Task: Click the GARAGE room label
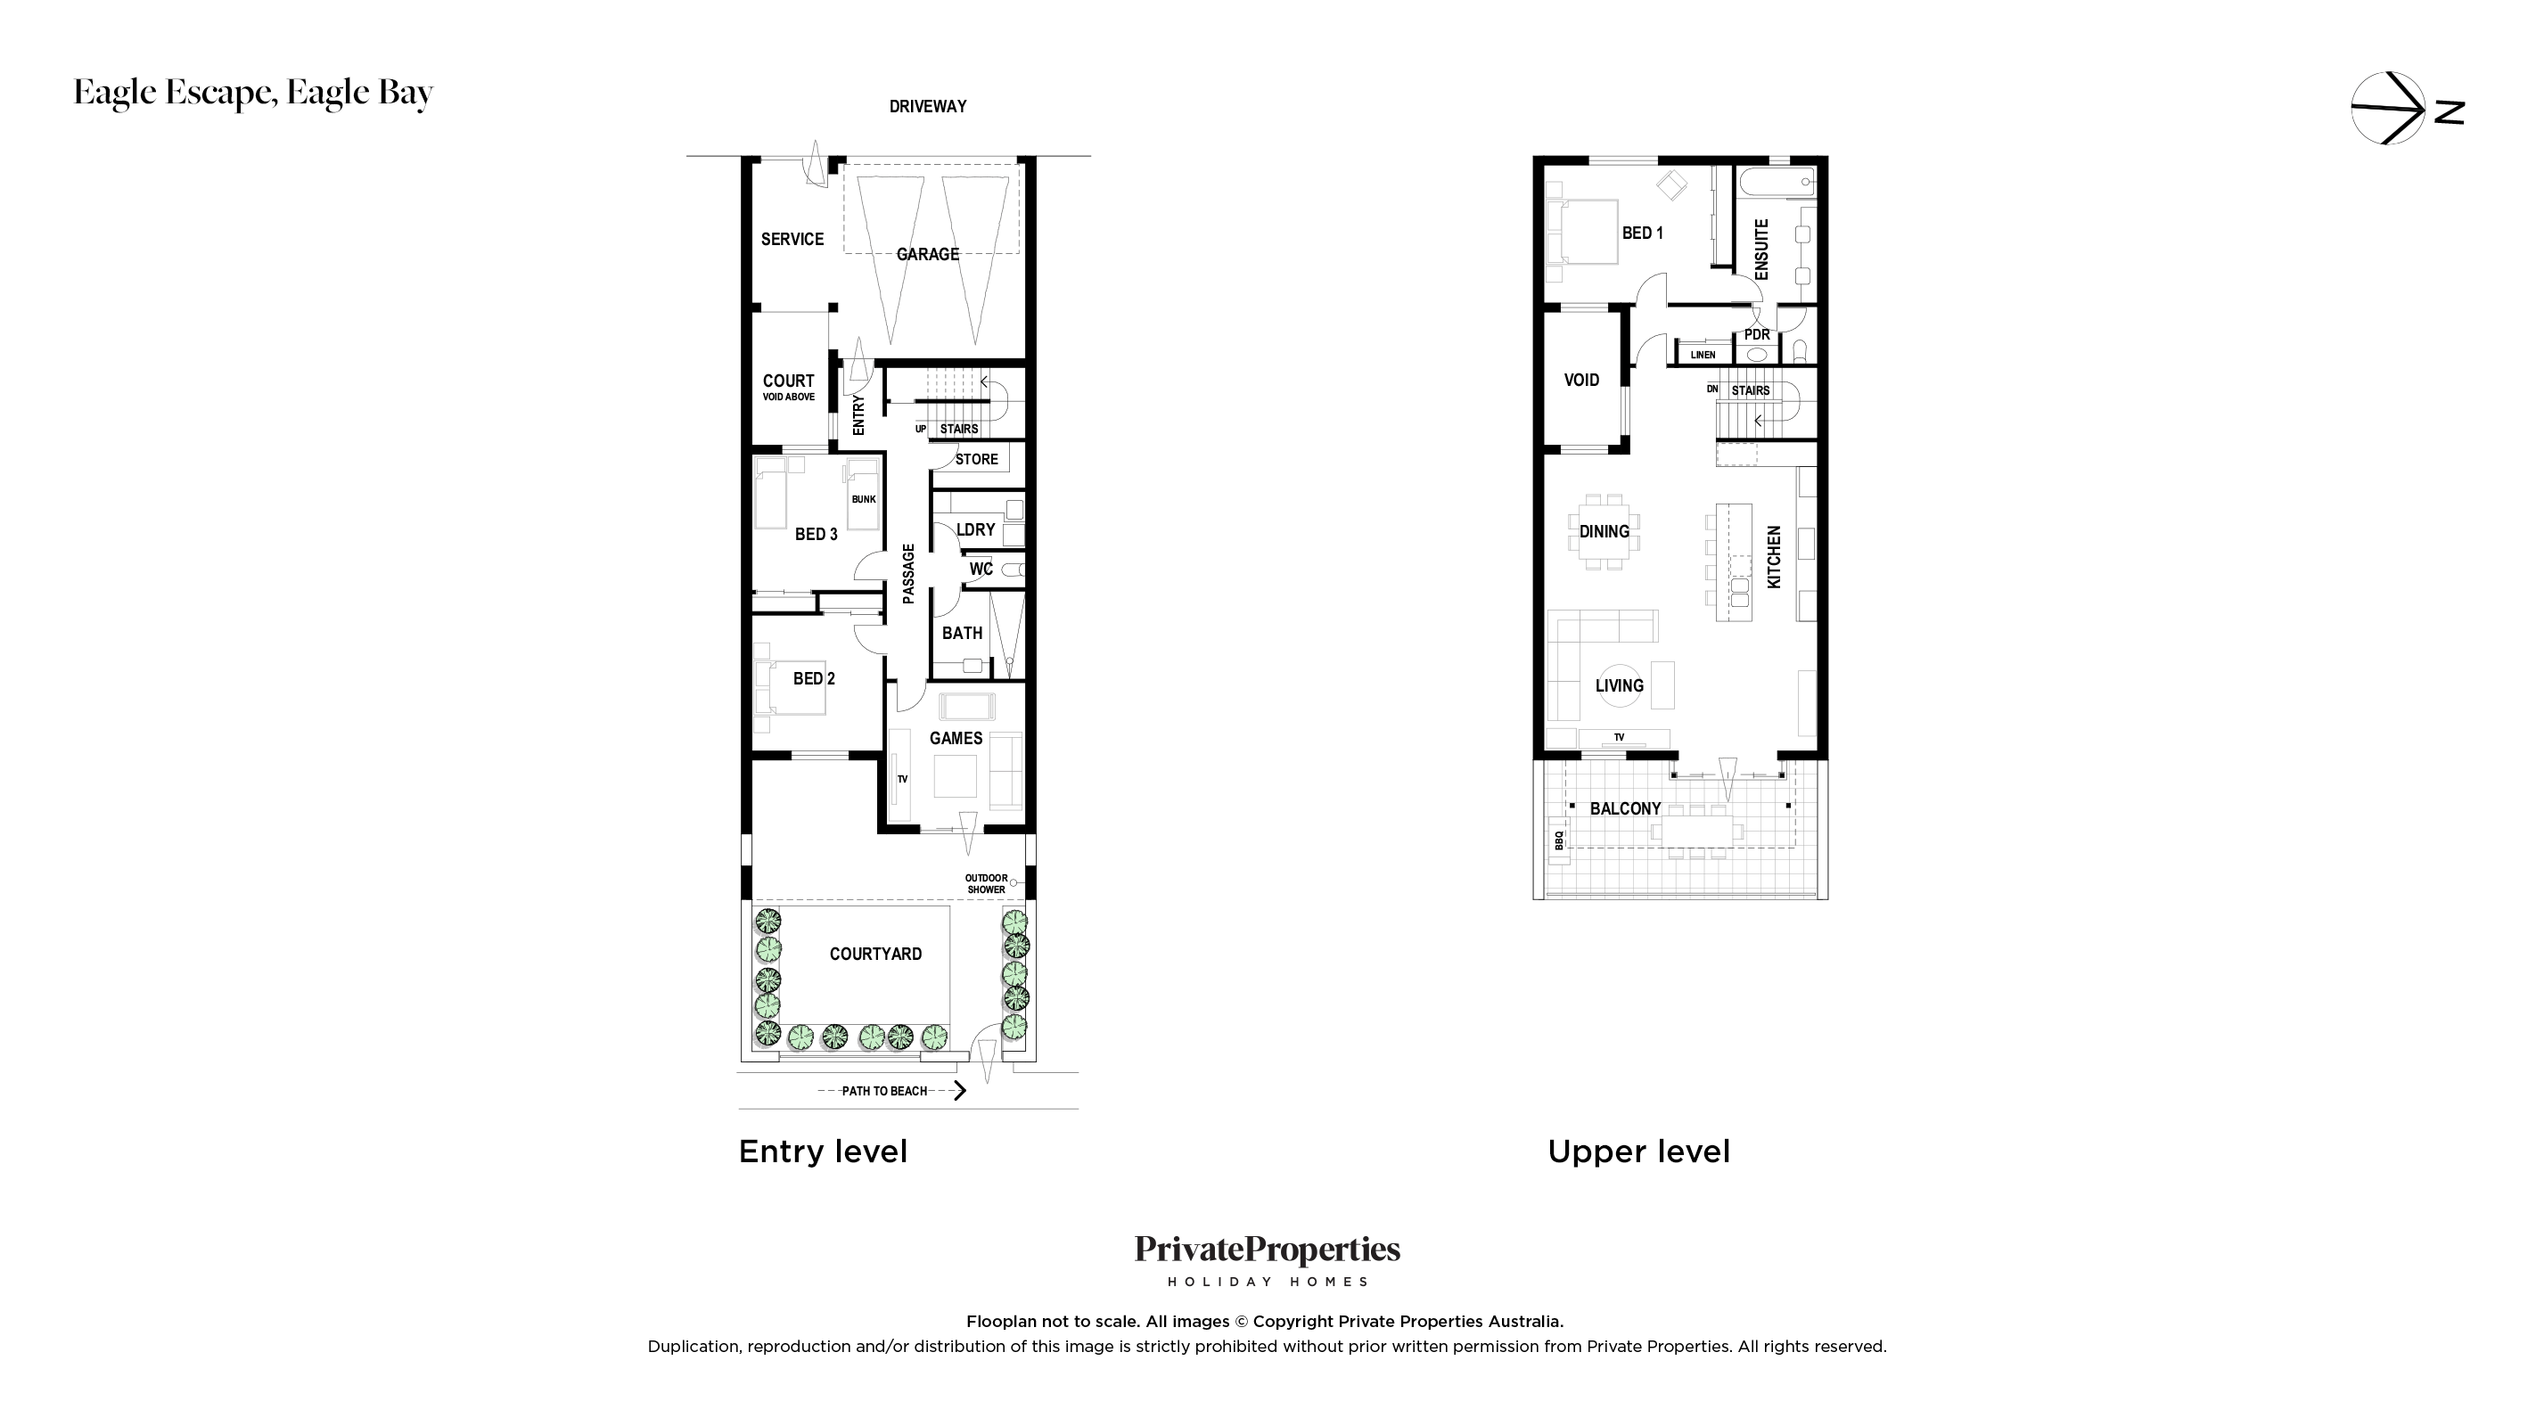coord(927,254)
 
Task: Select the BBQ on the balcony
coord(1558,840)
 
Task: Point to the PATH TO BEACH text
coord(884,1090)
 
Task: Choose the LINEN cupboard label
coord(1703,356)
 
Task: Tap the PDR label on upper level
coord(1757,334)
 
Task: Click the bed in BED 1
coord(1581,233)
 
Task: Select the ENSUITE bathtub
coord(1777,182)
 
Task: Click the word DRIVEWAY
coord(927,106)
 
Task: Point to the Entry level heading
coord(823,1151)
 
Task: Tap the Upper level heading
coord(1638,1151)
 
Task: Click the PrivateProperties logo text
coord(1267,1250)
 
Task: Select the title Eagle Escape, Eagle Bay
coord(253,93)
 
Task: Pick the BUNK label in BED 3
coord(864,499)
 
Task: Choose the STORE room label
coord(977,460)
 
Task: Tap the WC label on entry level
coord(981,569)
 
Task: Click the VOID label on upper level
coord(1581,380)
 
